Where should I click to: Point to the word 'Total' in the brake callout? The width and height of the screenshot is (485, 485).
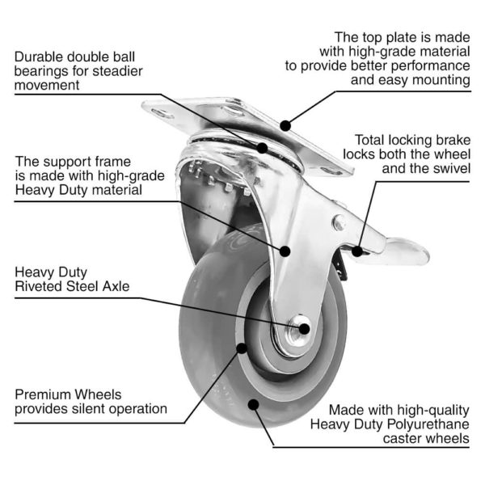[x=361, y=138]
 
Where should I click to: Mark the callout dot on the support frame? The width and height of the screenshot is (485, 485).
[x=285, y=251]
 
